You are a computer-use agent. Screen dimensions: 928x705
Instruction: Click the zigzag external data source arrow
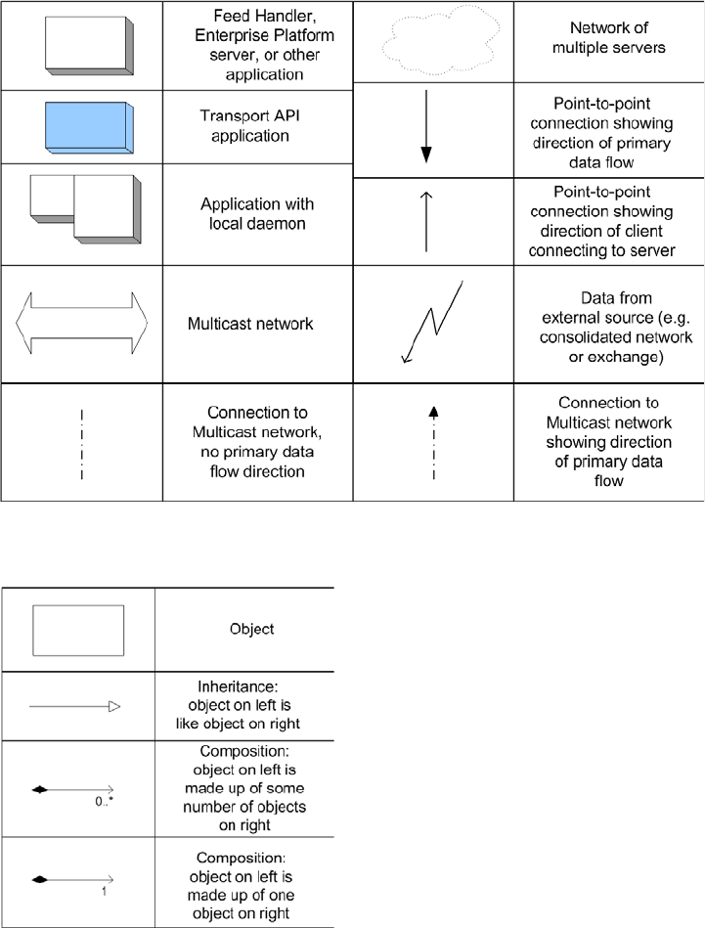pyautogui.click(x=432, y=322)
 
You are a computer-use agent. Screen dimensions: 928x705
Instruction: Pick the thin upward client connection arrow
pyautogui.click(x=426, y=220)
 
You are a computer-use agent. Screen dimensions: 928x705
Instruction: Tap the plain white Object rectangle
pyautogui.click(x=78, y=630)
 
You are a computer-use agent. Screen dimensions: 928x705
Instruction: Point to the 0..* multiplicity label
pyautogui.click(x=104, y=800)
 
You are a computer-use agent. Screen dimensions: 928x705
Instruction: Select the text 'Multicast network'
pyautogui.click(x=250, y=323)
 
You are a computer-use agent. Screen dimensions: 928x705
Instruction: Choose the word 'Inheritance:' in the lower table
pyautogui.click(x=244, y=688)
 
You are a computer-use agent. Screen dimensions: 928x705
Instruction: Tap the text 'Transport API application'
pyautogui.click(x=244, y=125)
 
